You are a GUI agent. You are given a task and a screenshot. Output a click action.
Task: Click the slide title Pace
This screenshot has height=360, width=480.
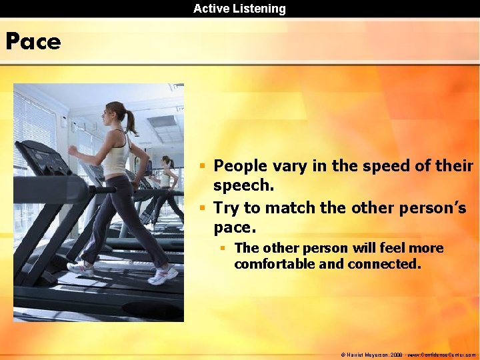pyautogui.click(x=33, y=42)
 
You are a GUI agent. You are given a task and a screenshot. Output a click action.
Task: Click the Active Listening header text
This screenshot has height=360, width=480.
pyautogui.click(x=239, y=9)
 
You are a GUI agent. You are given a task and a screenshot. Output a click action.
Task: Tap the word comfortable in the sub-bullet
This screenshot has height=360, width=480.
pyautogui.click(x=274, y=264)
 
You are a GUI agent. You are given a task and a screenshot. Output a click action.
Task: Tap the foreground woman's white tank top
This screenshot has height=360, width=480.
pyautogui.click(x=116, y=155)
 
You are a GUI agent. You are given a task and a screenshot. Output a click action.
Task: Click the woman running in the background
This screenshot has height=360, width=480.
pyautogui.click(x=166, y=187)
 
